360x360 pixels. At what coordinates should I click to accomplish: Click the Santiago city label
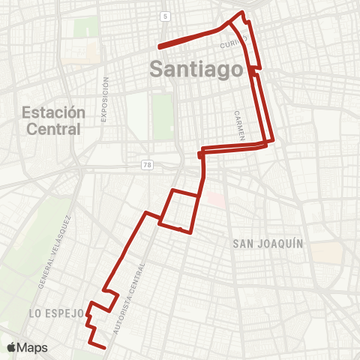[198, 67]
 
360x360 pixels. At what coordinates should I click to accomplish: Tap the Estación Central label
[53, 121]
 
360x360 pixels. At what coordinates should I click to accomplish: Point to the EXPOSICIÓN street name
[106, 100]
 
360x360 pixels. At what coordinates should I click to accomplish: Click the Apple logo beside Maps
[11, 347]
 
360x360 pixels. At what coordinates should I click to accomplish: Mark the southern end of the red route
[103, 347]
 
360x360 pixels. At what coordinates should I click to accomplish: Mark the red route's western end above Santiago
[158, 46]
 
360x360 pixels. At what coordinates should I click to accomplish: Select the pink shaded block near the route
[215, 200]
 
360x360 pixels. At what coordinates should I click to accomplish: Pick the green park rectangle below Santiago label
[162, 116]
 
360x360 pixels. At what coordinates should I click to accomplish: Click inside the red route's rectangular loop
[180, 210]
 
